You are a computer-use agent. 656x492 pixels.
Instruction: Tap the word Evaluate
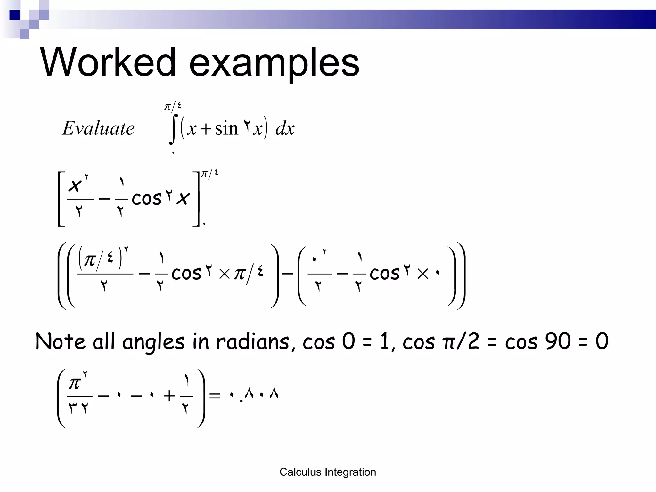coord(98,128)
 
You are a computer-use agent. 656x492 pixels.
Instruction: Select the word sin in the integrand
coord(226,129)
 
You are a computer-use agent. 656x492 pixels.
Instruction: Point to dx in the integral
coord(285,129)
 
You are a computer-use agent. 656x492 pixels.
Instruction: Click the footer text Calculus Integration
coord(328,472)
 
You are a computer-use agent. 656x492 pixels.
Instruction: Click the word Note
coord(60,341)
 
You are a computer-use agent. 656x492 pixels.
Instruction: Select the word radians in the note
coord(253,341)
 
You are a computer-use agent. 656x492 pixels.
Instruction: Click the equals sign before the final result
coord(215,396)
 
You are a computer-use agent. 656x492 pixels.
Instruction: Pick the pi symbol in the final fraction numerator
coord(75,383)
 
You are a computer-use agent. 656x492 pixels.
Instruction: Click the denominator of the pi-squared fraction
coord(78,408)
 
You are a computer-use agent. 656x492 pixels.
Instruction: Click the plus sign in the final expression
coord(169,396)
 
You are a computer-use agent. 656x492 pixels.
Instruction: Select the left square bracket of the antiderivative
coord(61,199)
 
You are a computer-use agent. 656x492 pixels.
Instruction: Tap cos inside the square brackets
coord(146,199)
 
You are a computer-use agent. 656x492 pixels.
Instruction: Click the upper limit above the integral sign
coord(173,106)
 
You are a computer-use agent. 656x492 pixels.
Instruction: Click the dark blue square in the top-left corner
coord(14,15)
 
